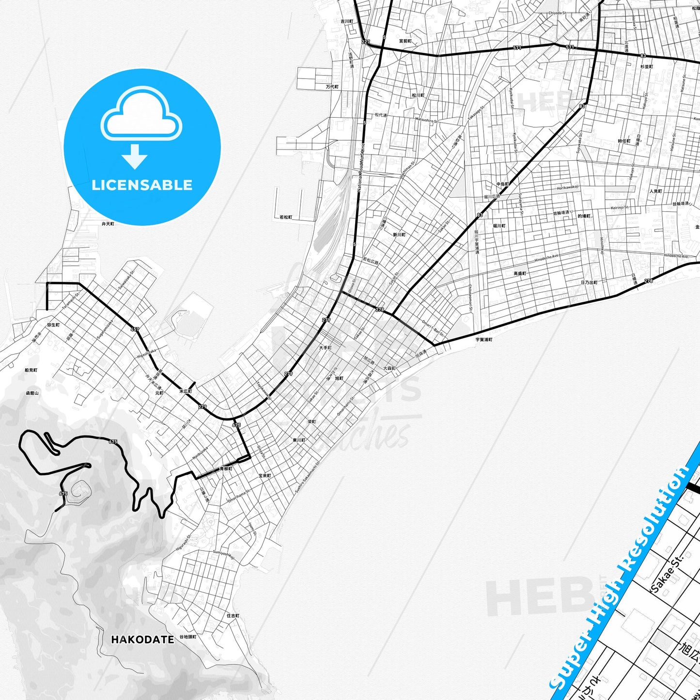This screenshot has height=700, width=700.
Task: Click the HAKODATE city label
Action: click(142, 639)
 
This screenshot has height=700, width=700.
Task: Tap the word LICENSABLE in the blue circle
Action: click(142, 185)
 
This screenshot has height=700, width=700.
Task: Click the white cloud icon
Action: click(141, 116)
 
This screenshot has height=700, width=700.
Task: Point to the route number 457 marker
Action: click(135, 329)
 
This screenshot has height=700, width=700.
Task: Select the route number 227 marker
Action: click(365, 42)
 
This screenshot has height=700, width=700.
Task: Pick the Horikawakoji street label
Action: click(568, 187)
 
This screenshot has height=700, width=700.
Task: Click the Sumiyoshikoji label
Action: click(223, 554)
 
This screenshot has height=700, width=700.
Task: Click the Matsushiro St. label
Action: click(426, 119)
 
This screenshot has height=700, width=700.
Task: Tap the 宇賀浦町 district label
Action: click(483, 340)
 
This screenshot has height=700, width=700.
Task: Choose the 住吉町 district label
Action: click(233, 616)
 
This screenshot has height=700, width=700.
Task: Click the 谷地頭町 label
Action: click(188, 637)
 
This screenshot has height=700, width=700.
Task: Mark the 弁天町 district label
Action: click(108, 224)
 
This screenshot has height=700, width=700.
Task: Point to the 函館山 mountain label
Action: click(32, 393)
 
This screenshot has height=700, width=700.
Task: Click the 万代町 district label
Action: click(332, 87)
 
